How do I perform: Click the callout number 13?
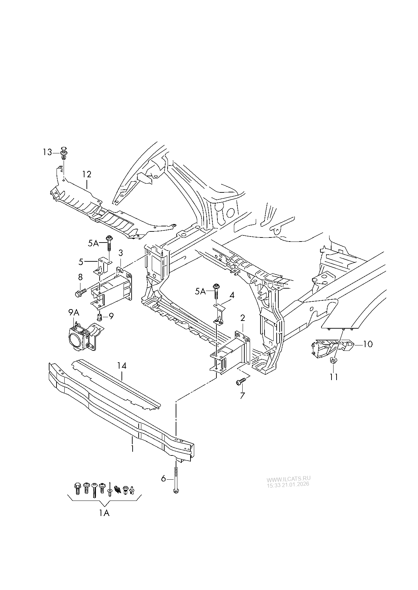(x=47, y=152)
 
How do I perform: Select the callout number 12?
(x=86, y=174)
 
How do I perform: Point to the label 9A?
(x=74, y=313)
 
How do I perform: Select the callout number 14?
(x=121, y=366)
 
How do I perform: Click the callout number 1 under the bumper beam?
(x=133, y=448)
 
